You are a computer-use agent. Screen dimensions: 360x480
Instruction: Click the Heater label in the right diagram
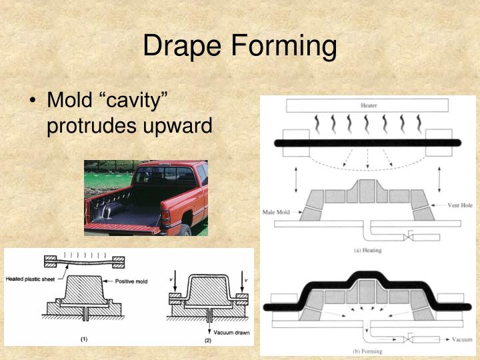click(368, 105)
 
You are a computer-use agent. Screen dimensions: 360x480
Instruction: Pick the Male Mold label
click(279, 213)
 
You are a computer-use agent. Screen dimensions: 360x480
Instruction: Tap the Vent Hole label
click(457, 206)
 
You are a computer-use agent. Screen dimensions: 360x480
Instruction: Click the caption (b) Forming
click(368, 350)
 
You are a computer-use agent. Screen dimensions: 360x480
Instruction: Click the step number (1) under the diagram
click(84, 339)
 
